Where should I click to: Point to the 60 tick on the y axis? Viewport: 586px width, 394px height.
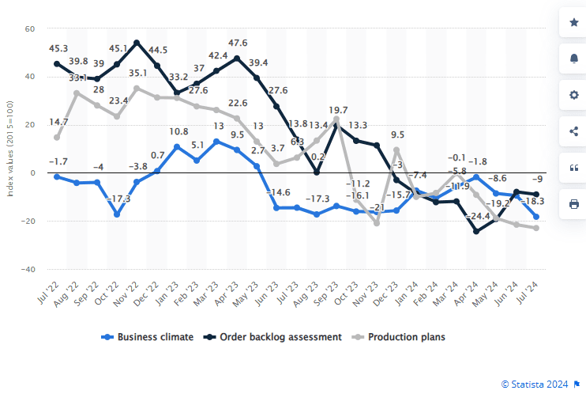pos(30,29)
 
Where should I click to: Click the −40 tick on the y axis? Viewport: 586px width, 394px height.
pos(28,269)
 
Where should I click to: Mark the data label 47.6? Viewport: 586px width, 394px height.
pos(237,43)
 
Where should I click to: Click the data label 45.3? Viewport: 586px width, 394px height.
pos(58,47)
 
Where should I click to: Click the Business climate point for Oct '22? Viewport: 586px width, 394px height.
pos(117,214)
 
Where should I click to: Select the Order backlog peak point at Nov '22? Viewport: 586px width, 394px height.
pos(137,43)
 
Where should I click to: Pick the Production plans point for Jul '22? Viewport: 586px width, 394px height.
pos(57,137)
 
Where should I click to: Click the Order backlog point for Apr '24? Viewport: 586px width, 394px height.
pos(476,231)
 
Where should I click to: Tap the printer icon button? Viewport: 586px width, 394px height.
pos(573,204)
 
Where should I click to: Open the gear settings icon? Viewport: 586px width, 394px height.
pos(573,95)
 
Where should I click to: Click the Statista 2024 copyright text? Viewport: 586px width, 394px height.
pos(535,384)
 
